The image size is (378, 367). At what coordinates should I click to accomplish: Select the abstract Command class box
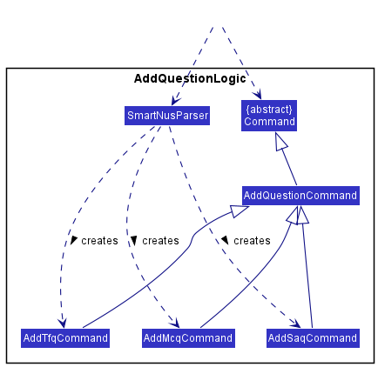pyautogui.click(x=269, y=116)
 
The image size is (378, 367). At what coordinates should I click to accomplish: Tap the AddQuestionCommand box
pyautogui.click(x=300, y=196)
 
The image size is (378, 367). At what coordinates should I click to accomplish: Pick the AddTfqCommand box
pyautogui.click(x=65, y=337)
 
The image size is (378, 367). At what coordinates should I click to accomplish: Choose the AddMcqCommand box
pyautogui.click(x=188, y=337)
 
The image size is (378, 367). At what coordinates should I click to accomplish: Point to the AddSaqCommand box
pyautogui.click(x=312, y=337)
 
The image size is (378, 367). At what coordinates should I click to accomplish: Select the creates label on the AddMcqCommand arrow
pyautogui.click(x=160, y=240)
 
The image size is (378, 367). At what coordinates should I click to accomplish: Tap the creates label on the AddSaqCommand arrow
pyautogui.click(x=252, y=240)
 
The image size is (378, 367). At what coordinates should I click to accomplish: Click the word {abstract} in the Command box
pyautogui.click(x=269, y=109)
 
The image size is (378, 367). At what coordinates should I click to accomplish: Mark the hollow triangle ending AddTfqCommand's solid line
pyautogui.click(x=238, y=210)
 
